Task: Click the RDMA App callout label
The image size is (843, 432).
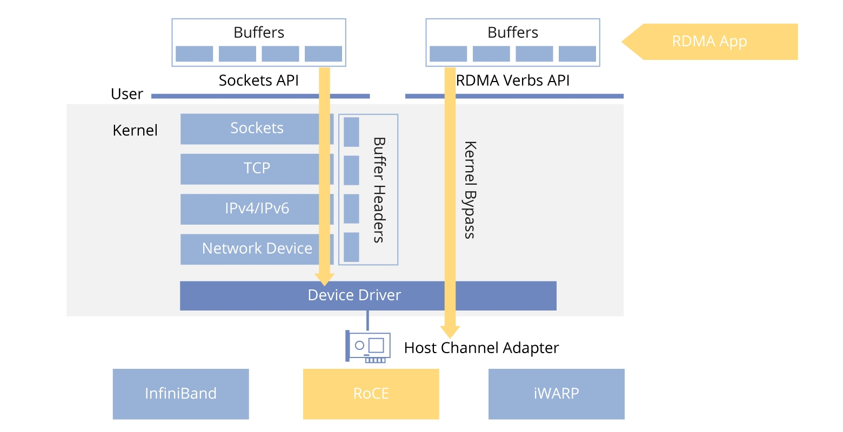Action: (709, 42)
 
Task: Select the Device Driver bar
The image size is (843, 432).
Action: (367, 295)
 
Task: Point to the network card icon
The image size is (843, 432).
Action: (368, 347)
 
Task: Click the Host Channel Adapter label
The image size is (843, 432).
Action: (481, 348)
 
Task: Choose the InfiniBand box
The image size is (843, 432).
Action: (180, 394)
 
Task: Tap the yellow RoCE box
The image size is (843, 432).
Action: (371, 394)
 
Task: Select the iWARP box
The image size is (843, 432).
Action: (556, 394)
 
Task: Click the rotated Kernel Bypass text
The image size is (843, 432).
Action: (470, 190)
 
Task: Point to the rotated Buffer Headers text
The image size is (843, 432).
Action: (379, 190)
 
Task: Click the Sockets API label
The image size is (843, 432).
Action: (258, 80)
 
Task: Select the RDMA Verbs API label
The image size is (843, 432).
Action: (513, 80)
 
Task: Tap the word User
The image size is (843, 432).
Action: (127, 94)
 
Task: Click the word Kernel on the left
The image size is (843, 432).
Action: (135, 130)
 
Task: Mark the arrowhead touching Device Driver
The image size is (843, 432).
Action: (324, 279)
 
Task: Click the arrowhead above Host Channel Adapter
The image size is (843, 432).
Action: (450, 332)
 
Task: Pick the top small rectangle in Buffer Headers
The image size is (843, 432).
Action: (351, 132)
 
